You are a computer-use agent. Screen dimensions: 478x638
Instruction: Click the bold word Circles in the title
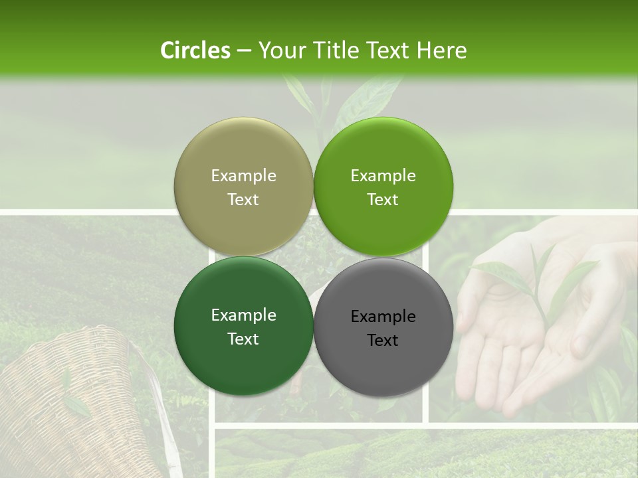click(195, 50)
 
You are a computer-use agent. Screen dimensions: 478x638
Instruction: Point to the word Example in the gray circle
click(383, 317)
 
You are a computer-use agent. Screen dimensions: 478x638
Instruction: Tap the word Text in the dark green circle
click(243, 339)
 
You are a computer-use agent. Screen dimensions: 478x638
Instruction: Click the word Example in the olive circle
click(243, 176)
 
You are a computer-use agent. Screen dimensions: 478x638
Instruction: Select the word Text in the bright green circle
click(383, 199)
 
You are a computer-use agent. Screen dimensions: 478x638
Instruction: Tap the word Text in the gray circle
click(383, 340)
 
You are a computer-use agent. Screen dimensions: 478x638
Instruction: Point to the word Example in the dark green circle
click(243, 315)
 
